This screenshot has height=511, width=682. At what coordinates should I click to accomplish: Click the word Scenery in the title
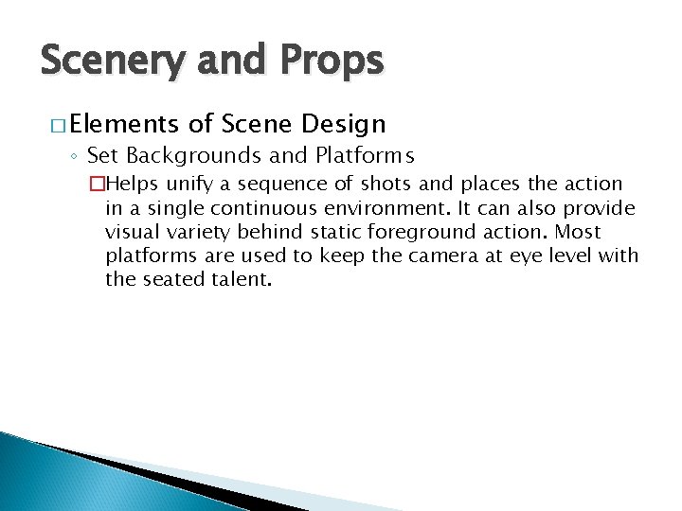(x=115, y=61)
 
